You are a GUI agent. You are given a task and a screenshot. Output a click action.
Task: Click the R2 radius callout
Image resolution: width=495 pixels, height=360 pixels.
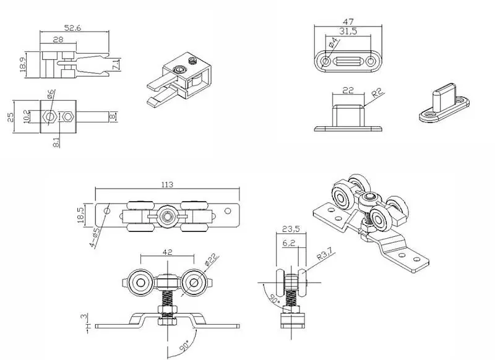(x=376, y=93)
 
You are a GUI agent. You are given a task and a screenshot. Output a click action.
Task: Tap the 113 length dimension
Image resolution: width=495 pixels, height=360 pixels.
(x=166, y=183)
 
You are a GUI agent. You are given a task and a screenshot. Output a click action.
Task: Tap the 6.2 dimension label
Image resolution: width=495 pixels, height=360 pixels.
(x=289, y=243)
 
